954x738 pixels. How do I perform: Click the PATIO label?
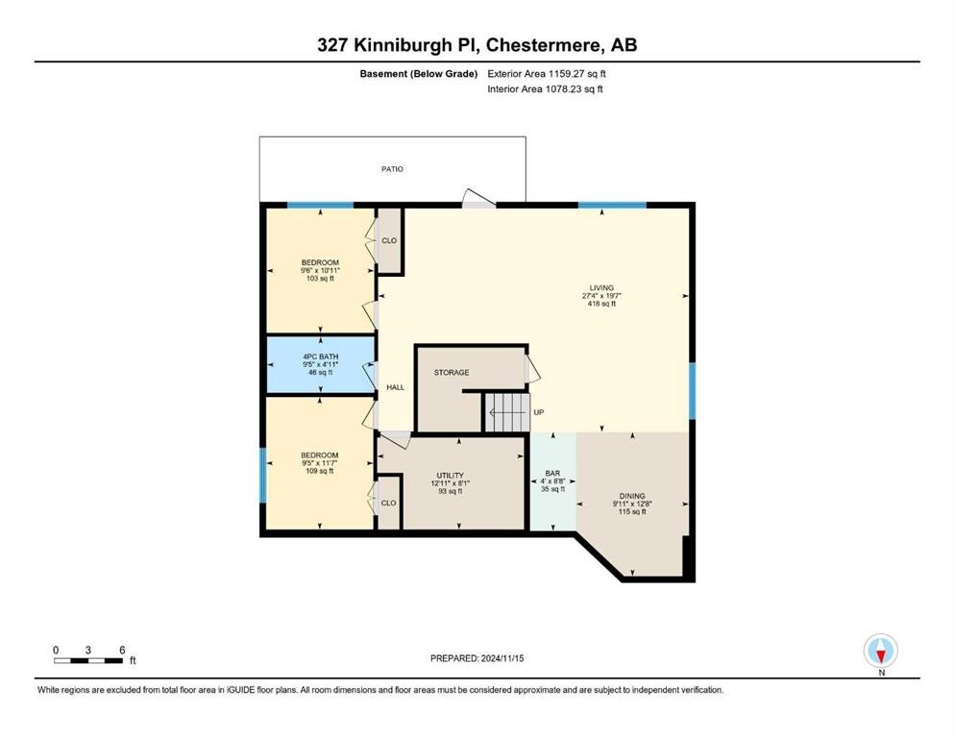391,169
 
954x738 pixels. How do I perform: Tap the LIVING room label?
601,287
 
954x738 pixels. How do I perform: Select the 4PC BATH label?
320,357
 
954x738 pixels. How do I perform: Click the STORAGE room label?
451,372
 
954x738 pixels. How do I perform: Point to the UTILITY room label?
450,475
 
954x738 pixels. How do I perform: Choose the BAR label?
551,474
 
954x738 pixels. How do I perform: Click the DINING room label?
631,496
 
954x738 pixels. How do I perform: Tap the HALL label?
395,387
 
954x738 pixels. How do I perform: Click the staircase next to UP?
506,412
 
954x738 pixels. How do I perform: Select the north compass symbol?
881,652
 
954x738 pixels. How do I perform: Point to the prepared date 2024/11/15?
477,658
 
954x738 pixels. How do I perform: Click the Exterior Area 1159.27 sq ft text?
547,73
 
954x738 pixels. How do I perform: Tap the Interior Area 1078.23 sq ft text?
546,89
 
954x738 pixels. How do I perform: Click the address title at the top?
477,44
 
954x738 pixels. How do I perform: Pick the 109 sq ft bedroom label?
320,471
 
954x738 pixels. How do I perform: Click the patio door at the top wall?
477,199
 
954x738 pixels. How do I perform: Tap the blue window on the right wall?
692,391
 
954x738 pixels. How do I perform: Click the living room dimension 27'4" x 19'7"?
601,296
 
